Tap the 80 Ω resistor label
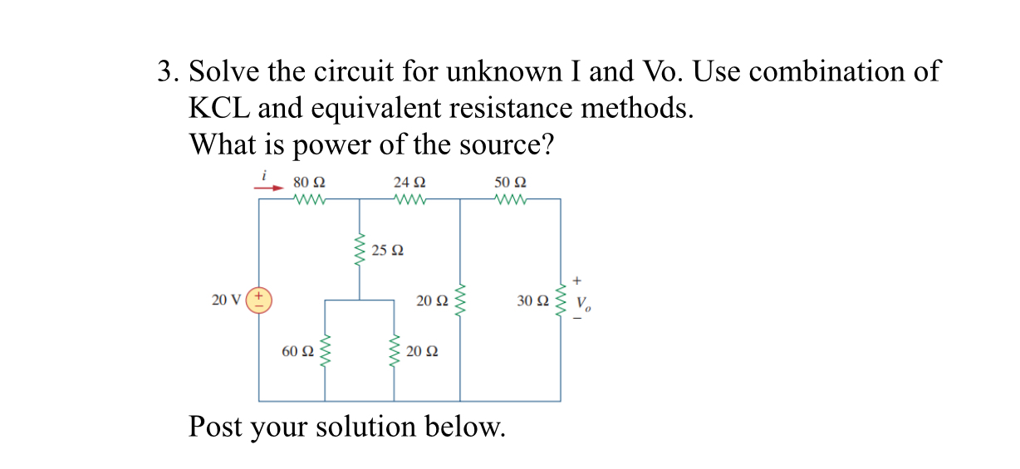309,182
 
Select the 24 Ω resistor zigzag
410,199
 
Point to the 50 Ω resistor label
510,182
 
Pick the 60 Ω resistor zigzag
325,351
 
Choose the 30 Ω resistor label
532,300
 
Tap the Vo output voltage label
585,304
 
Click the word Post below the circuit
215,427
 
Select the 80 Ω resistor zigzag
309,199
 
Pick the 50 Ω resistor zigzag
510,199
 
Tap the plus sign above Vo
574,281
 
